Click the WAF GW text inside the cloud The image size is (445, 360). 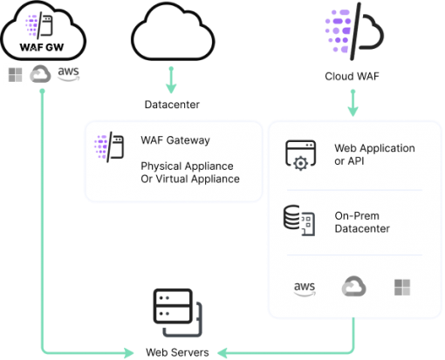[x=42, y=47]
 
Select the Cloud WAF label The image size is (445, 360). [x=352, y=77]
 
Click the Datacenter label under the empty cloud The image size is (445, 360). [x=172, y=105]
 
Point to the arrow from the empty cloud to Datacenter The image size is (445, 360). [x=171, y=80]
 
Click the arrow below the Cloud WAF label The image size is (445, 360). [x=353, y=103]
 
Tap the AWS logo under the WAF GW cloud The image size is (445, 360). [x=68, y=73]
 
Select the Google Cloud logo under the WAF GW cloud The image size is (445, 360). [x=40, y=74]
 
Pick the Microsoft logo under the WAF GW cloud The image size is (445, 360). [x=15, y=75]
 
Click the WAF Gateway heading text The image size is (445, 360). [x=175, y=140]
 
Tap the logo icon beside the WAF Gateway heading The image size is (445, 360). [x=109, y=146]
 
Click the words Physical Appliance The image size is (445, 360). [x=187, y=166]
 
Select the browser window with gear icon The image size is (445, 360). [x=300, y=155]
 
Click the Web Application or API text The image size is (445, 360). [x=374, y=154]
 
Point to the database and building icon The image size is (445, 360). [x=299, y=221]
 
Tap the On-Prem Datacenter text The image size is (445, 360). [x=362, y=222]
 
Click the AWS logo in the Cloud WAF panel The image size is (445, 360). [x=305, y=289]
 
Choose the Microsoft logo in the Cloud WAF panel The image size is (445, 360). [x=402, y=288]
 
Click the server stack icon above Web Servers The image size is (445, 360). [x=178, y=313]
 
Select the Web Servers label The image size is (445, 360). [x=177, y=352]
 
